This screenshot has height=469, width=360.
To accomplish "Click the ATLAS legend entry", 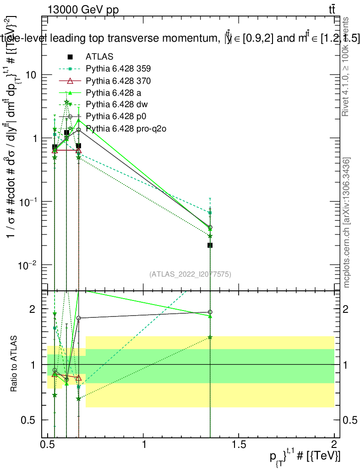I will click(x=99, y=57).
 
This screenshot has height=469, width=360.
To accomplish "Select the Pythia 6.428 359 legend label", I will click(x=118, y=69).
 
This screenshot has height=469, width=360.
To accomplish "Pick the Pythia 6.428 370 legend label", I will click(x=118, y=81).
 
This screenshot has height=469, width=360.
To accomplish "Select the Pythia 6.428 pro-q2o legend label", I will click(x=125, y=128).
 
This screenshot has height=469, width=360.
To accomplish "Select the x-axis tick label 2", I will click(x=334, y=444).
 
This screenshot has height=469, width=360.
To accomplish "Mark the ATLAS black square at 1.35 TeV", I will click(x=210, y=245).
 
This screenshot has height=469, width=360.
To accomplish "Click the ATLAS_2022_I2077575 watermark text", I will click(x=190, y=274).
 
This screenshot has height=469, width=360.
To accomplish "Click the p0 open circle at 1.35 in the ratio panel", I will click(x=210, y=312).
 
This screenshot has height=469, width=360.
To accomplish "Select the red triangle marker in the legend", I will click(x=70, y=81).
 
